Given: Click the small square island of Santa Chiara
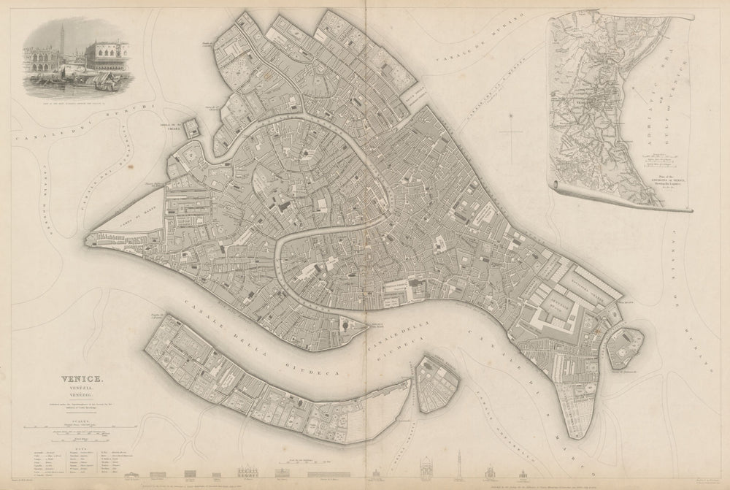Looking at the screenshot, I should (191, 129).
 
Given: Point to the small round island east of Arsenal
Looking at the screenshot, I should (626, 347).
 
